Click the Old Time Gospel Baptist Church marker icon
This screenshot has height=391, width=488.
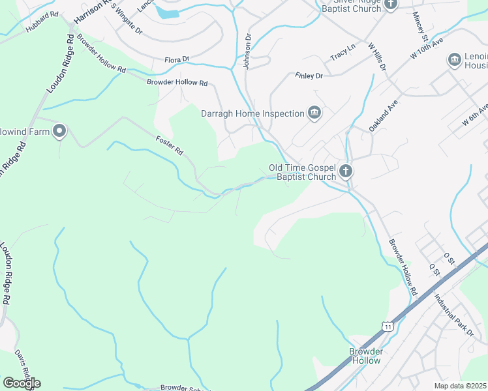[x=346, y=172]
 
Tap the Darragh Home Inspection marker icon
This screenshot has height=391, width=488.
[x=314, y=113]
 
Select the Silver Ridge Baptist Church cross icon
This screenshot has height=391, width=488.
[x=390, y=5]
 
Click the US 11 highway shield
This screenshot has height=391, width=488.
[x=388, y=326]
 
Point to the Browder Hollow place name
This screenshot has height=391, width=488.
[x=365, y=356]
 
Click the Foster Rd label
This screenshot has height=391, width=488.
[x=170, y=145]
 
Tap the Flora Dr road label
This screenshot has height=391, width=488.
[x=177, y=59]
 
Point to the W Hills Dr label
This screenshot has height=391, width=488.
[x=377, y=57]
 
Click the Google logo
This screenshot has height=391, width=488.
[x=22, y=383]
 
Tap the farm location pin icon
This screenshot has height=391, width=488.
[x=59, y=132]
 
